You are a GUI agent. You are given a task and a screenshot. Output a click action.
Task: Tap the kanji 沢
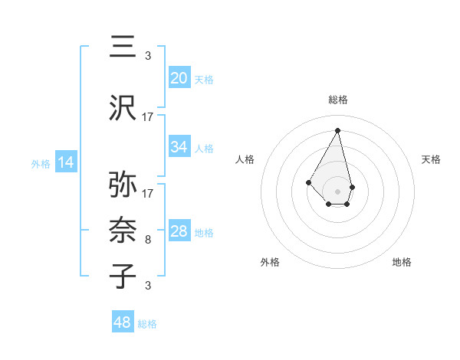tap(123, 109)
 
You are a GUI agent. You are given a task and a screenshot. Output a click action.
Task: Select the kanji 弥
tap(123, 185)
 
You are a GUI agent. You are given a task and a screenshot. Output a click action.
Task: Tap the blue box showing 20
tap(179, 77)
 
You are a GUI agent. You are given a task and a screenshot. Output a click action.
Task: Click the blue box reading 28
tap(179, 231)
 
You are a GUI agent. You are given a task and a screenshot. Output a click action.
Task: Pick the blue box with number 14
tap(66, 162)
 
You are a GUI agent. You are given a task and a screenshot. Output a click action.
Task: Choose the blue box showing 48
tap(123, 322)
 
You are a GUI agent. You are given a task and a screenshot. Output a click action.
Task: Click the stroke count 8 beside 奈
tap(147, 240)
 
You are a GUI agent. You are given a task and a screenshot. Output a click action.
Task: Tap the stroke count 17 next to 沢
tap(148, 117)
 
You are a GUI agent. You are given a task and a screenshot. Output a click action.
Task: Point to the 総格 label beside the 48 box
tap(147, 324)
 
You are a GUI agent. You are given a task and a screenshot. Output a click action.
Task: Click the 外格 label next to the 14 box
tap(41, 163)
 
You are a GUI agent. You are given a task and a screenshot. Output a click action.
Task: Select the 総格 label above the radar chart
tap(337, 100)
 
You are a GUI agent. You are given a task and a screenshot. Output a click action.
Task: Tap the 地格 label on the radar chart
tap(402, 262)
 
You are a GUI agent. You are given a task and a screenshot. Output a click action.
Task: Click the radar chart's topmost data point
tap(337, 130)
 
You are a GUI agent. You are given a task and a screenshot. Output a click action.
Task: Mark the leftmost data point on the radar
tap(308, 182)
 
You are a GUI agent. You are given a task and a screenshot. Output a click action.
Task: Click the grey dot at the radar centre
tap(337, 191)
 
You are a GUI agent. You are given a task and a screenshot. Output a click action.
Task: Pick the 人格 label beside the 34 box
tap(204, 148)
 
